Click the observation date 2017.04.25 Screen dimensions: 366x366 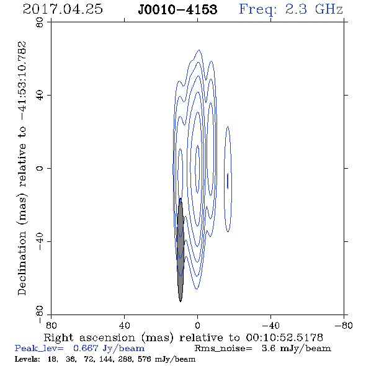coord(63,9)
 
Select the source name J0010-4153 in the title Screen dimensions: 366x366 coord(177,9)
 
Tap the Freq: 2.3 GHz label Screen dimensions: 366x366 coord(291,9)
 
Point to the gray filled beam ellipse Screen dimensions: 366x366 coord(180,250)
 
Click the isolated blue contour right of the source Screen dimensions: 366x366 coord(225,179)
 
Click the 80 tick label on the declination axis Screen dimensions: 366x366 coord(40,22)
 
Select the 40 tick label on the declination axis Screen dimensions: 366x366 coord(40,96)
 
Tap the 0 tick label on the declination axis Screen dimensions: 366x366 coord(40,168)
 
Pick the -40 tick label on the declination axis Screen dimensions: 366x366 coord(40,241)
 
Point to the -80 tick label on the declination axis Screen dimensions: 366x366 coord(40,315)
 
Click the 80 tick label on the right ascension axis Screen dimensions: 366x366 coord(51,325)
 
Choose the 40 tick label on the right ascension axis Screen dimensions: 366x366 coord(124,325)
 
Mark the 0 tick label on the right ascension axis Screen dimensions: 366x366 coord(197,325)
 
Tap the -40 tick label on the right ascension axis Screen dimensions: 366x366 coord(270,325)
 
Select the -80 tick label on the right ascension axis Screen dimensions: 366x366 coord(344,325)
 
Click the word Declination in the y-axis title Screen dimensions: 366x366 coord(22,263)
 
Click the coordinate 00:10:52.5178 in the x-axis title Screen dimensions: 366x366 coord(284,337)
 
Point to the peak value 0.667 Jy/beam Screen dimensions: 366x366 coord(109,348)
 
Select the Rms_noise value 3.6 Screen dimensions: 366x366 coord(269,348)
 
